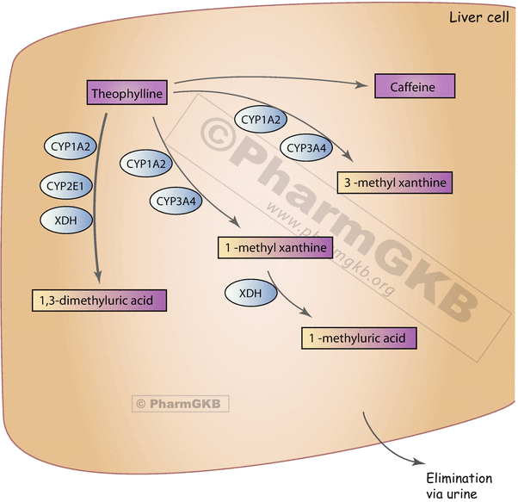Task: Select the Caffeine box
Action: [x=414, y=87]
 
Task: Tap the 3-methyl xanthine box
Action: [x=393, y=183]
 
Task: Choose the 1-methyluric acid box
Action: [x=358, y=338]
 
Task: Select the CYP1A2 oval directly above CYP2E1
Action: [x=65, y=147]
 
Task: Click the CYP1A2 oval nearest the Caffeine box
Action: [x=261, y=121]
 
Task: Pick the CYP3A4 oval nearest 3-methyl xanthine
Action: [x=306, y=148]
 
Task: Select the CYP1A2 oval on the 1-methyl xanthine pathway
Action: [x=147, y=164]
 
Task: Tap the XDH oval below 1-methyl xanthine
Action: [x=250, y=294]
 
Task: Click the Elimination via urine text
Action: [x=459, y=486]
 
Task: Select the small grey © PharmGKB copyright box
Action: [x=181, y=402]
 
